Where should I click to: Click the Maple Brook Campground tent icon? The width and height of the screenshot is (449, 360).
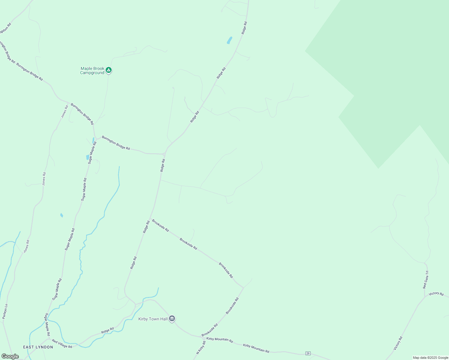pyautogui.click(x=109, y=70)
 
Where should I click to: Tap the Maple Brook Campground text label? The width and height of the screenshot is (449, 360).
pyautogui.click(x=92, y=71)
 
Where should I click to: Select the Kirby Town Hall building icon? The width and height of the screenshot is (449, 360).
pyautogui.click(x=172, y=318)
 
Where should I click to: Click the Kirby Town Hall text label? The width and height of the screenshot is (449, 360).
pyautogui.click(x=153, y=319)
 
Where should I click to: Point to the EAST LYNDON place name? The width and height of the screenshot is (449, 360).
pyautogui.click(x=38, y=347)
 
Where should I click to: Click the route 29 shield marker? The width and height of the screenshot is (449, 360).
pyautogui.click(x=308, y=353)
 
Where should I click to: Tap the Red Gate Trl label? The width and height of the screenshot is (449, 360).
pyautogui.click(x=426, y=280)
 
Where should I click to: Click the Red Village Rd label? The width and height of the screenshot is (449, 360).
pyautogui.click(x=62, y=344)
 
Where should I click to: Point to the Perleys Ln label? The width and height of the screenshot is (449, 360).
pyautogui.click(x=5, y=311)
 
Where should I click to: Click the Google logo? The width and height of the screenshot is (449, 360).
pyautogui.click(x=10, y=356)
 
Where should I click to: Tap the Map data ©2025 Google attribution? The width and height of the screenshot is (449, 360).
pyautogui.click(x=430, y=358)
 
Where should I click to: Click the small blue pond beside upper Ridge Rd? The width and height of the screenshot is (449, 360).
pyautogui.click(x=230, y=40)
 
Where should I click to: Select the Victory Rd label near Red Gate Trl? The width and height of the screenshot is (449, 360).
pyautogui.click(x=436, y=294)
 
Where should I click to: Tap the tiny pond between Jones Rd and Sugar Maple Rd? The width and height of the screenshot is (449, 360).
pyautogui.click(x=62, y=215)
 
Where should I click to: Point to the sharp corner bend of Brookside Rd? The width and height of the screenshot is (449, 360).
pyautogui.click(x=243, y=288)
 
